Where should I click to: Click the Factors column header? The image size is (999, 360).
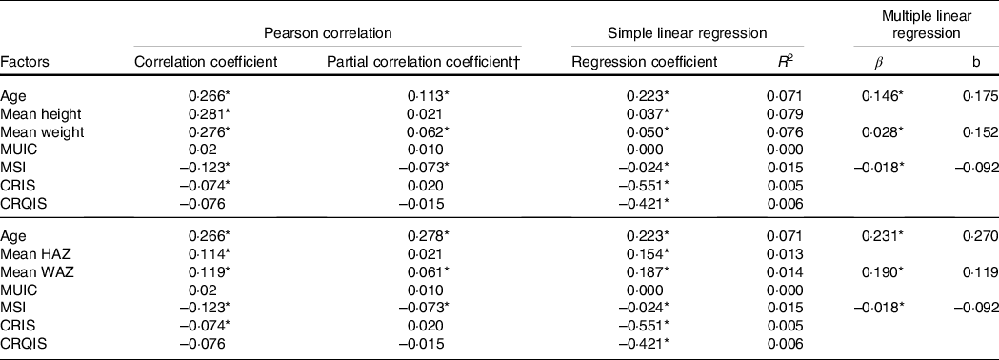click(x=25, y=62)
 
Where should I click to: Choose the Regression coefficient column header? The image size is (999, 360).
click(x=645, y=62)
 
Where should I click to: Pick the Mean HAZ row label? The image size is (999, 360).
click(x=31, y=254)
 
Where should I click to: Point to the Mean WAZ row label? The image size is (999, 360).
click(x=32, y=272)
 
